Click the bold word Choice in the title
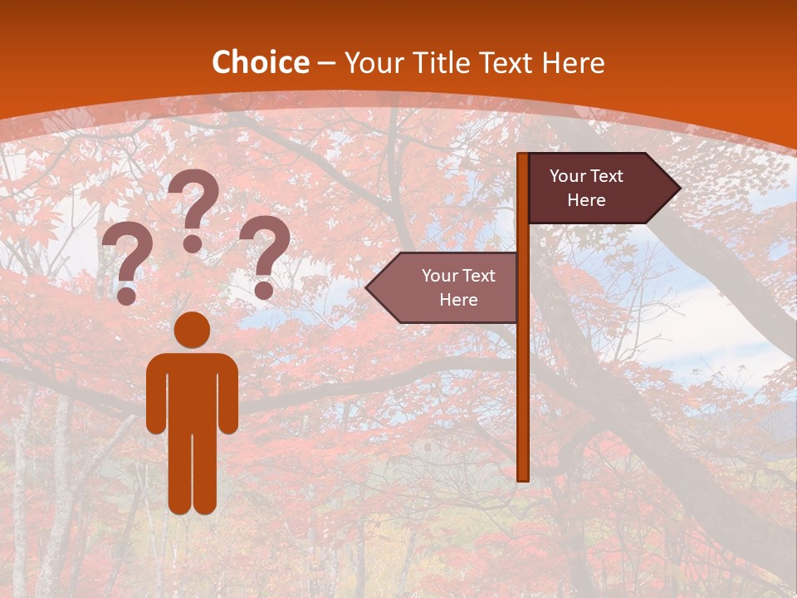(x=260, y=63)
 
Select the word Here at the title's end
(x=573, y=63)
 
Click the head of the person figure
(x=193, y=330)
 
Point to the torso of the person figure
(x=193, y=390)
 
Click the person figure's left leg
(x=180, y=473)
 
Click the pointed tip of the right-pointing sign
(x=678, y=189)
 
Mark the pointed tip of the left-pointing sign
(x=368, y=287)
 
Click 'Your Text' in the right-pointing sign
(x=586, y=176)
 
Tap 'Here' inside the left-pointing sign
(x=458, y=300)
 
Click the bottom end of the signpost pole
(x=523, y=477)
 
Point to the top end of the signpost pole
(x=523, y=156)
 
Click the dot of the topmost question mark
(x=193, y=243)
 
